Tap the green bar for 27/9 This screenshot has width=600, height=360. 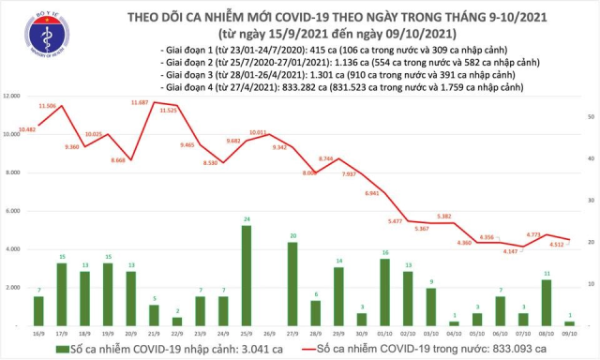point(293,284)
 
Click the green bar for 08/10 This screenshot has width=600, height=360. point(546,302)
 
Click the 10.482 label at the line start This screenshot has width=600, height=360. point(25,127)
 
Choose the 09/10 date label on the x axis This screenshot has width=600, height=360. point(569,332)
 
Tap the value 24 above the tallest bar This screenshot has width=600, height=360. point(246,219)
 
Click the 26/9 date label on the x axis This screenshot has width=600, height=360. point(269,332)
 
